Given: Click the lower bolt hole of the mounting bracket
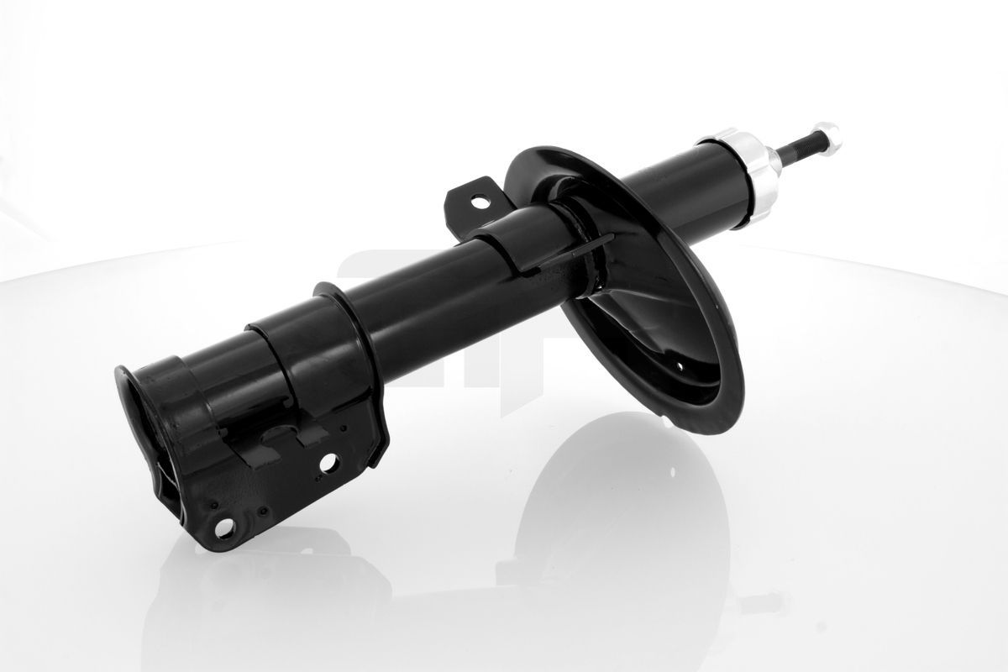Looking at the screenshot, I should [224, 528].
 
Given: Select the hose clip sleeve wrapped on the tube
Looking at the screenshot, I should [512, 244].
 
